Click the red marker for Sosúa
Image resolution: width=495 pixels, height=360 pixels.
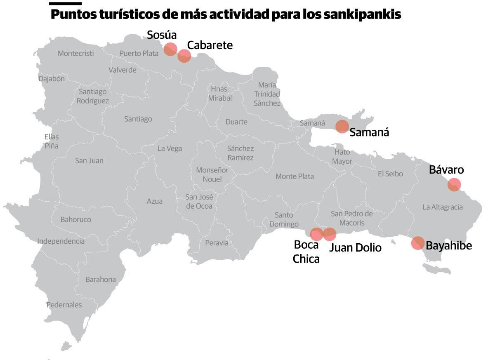pyautogui.click(x=170, y=49)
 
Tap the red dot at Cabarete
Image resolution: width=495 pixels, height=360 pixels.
pyautogui.click(x=184, y=56)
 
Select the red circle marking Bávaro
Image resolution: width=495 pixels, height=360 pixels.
pyautogui.click(x=454, y=185)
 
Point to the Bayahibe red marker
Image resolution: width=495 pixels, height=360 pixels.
pyautogui.click(x=417, y=243)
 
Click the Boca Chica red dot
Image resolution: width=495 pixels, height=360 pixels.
pyautogui.click(x=316, y=234)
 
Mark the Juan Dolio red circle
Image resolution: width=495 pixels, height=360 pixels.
pyautogui.click(x=330, y=234)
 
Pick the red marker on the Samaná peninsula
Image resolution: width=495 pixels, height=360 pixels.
pyautogui.click(x=342, y=126)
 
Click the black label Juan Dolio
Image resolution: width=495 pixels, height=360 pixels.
pyautogui.click(x=355, y=247)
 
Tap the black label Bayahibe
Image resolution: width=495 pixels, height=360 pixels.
pyautogui.click(x=448, y=246)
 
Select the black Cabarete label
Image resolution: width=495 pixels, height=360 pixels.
pyautogui.click(x=210, y=45)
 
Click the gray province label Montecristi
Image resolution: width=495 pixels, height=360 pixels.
pyautogui.click(x=75, y=53)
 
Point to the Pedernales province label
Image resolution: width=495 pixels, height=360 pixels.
pyautogui.click(x=64, y=305)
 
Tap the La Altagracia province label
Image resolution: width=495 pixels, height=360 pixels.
pyautogui.click(x=443, y=207)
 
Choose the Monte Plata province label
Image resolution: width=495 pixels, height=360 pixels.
pyautogui.click(x=295, y=176)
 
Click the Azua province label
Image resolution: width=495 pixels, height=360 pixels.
pyautogui.click(x=155, y=201)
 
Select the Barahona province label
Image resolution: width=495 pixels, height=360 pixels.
pyautogui.click(x=101, y=279)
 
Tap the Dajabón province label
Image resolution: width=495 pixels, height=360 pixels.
pyautogui.click(x=52, y=79)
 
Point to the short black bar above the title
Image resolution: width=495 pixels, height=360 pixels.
pyautogui.click(x=65, y=3)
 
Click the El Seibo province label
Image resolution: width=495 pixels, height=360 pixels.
pyautogui.click(x=390, y=174)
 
